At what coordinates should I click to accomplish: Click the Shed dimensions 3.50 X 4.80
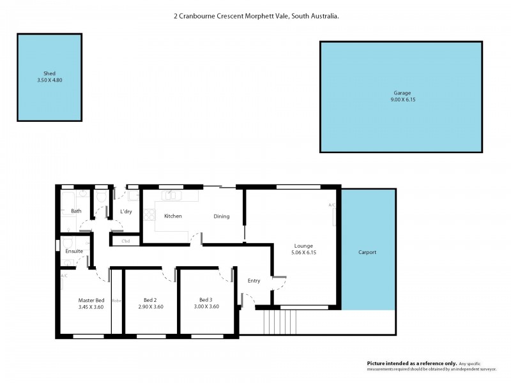(49, 80)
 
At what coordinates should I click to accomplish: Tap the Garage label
(402, 93)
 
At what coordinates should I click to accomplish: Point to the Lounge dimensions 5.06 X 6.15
(303, 252)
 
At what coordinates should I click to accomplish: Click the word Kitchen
(173, 216)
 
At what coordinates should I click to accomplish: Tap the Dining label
(221, 216)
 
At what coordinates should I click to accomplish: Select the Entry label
(254, 281)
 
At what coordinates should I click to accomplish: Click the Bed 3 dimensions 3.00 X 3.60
(205, 306)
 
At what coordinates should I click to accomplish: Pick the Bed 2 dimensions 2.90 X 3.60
(151, 306)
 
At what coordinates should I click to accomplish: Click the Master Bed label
(91, 300)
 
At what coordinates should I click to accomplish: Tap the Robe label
(117, 300)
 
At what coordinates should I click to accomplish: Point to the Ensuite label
(74, 252)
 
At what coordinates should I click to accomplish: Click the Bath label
(76, 211)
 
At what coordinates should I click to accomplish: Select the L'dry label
(126, 211)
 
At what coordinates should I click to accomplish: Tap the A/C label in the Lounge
(332, 205)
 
